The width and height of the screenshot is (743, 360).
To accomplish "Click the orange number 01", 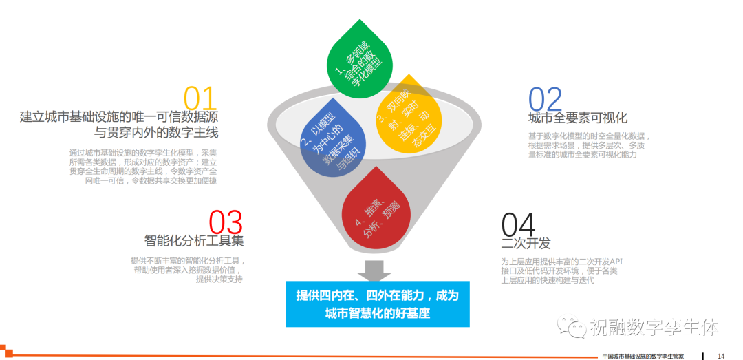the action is (x=200, y=98).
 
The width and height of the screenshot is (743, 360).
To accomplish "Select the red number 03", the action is (x=226, y=222).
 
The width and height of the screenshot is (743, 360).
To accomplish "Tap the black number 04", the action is (x=519, y=225).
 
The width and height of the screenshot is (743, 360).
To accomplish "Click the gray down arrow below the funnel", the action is (x=374, y=270).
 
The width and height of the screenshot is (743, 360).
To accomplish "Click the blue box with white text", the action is (x=378, y=304).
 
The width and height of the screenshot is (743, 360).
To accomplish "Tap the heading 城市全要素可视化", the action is (x=578, y=117).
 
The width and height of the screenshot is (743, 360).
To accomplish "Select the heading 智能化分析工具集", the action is (x=194, y=240).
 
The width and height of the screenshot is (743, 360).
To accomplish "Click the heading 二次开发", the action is (x=526, y=243).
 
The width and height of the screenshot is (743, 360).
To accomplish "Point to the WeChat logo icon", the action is (x=572, y=326).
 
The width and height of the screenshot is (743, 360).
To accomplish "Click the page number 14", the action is (x=721, y=356).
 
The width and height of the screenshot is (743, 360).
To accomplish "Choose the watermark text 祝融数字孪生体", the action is (x=654, y=327).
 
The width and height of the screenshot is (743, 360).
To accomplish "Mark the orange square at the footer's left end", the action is (x=8, y=352).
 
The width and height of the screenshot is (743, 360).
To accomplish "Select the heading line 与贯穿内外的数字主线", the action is (x=156, y=132).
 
